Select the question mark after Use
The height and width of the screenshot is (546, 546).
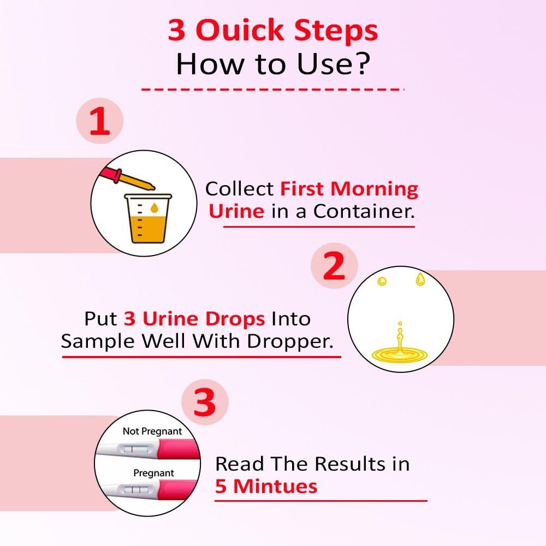[x=361, y=64]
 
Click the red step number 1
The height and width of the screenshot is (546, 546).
[x=99, y=121]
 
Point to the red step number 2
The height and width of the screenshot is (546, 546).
[x=334, y=267]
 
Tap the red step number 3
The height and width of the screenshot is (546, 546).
[x=204, y=404]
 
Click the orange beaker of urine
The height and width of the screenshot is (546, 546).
[x=147, y=218]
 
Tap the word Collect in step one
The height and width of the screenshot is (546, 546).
[x=240, y=189]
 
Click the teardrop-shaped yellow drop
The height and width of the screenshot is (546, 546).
[x=420, y=278]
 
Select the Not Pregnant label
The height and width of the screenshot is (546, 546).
[x=152, y=431]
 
